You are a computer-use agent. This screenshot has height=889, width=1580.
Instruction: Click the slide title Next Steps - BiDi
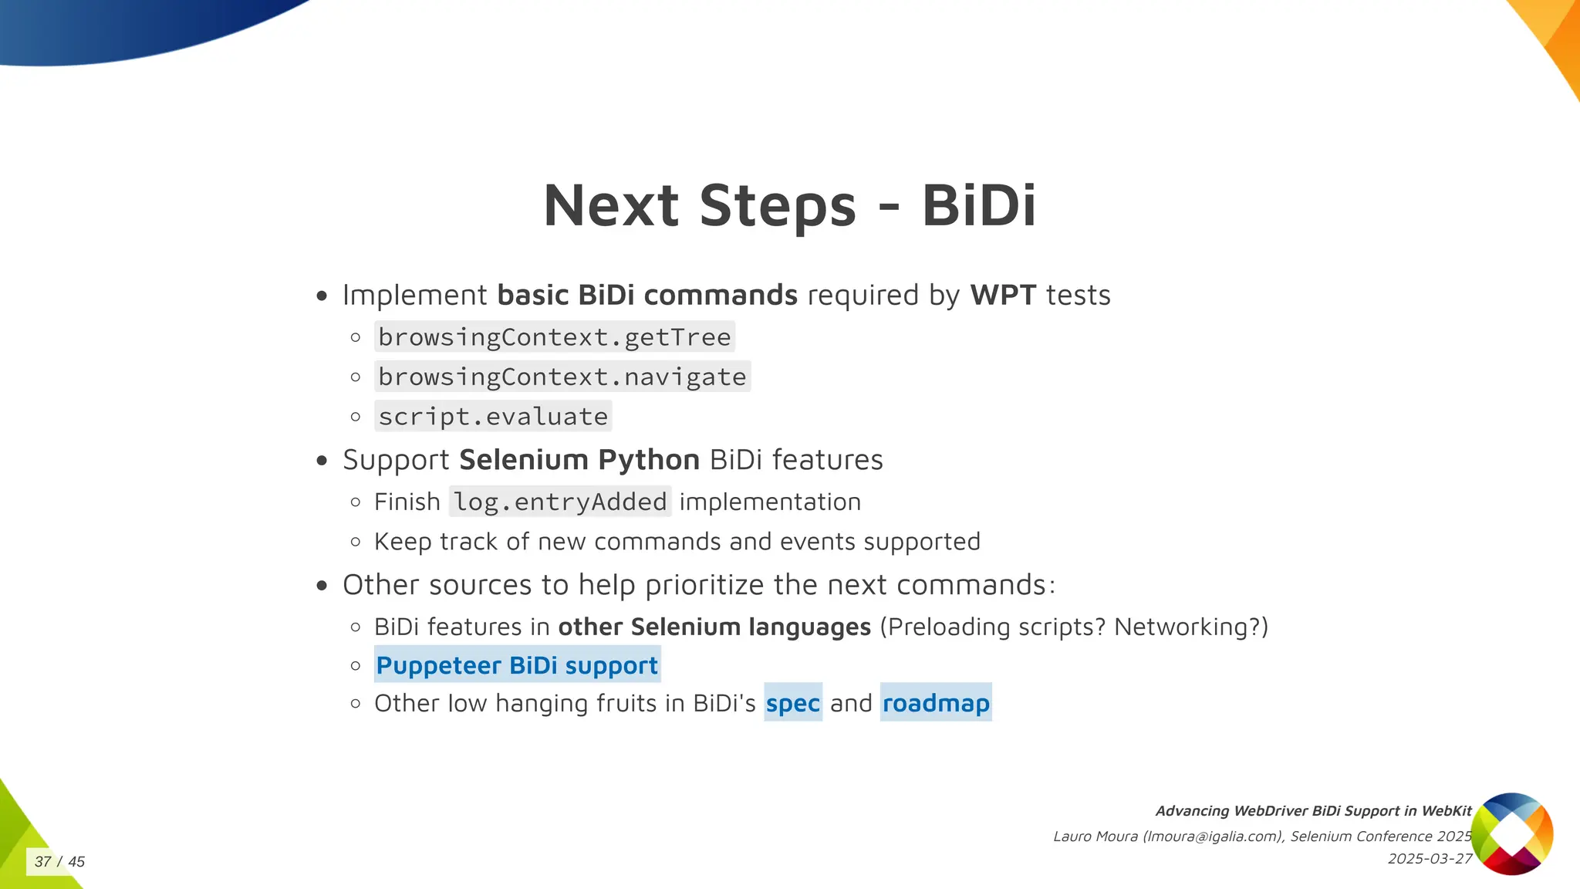coord(789,206)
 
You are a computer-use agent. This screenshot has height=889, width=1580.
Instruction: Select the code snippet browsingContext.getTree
coord(554,337)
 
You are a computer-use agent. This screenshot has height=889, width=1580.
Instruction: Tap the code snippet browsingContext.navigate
coord(562,377)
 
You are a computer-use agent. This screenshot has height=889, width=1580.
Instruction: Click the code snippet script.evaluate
coord(493,417)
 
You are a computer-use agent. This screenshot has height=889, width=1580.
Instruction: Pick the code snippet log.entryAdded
coord(560,502)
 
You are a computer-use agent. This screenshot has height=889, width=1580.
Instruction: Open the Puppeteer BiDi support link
coord(517,665)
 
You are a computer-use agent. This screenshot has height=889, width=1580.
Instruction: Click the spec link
coord(792,703)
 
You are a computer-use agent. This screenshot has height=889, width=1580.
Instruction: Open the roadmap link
coord(935,703)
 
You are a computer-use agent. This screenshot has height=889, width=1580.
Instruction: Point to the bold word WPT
coord(1002,295)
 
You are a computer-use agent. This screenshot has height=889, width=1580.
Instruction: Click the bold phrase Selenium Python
coord(579,460)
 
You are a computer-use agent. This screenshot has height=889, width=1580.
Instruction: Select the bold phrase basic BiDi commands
coord(647,295)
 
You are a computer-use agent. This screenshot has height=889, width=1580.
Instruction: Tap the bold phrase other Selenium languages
coord(714,627)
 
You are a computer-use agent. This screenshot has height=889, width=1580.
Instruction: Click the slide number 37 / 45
coord(59,861)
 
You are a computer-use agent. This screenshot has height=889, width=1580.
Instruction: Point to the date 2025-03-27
coord(1430,859)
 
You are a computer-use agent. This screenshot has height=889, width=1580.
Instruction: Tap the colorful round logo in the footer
coord(1511,833)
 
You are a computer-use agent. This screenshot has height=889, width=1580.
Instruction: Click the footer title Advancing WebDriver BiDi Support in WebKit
coord(1313,811)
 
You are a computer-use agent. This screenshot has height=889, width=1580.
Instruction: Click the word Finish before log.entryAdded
coord(407,502)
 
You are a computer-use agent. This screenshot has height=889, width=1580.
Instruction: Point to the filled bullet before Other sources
coord(322,586)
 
